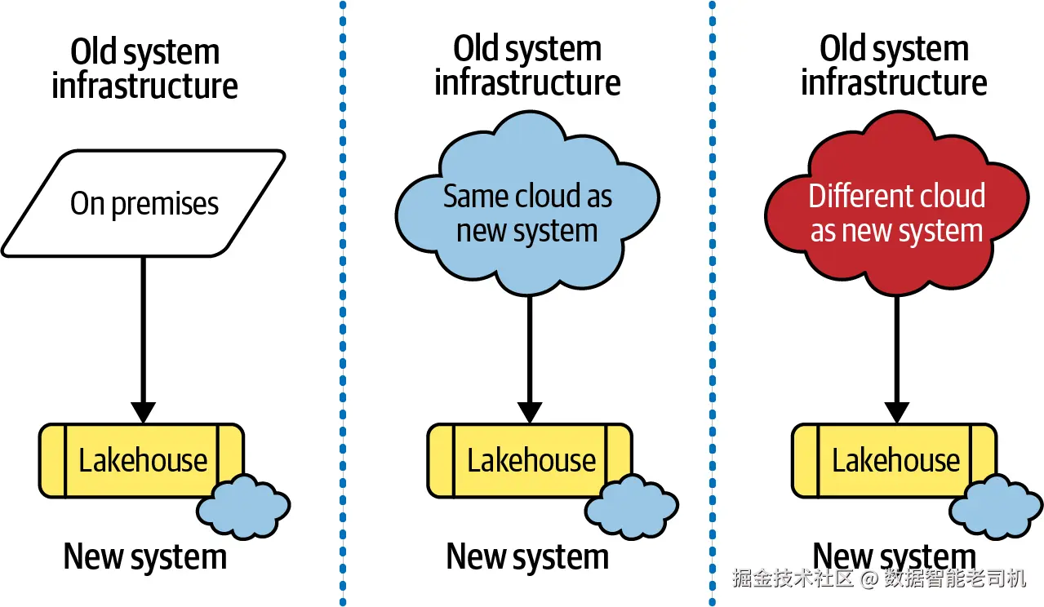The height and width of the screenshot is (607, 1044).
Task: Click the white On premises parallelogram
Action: click(143, 203)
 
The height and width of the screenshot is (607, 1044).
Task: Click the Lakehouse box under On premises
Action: click(141, 460)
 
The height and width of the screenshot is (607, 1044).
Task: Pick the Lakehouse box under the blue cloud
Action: click(530, 460)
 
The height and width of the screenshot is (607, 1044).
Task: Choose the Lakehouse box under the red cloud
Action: click(895, 460)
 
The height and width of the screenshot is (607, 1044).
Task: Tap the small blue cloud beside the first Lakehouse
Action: click(243, 507)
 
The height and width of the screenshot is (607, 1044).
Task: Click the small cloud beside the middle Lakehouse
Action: click(632, 507)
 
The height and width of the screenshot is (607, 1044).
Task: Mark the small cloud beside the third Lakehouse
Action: click(997, 507)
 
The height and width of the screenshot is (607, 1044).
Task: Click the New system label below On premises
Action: click(144, 557)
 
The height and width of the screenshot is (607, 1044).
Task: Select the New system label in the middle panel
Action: click(527, 557)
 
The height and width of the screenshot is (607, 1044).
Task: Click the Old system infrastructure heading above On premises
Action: click(144, 69)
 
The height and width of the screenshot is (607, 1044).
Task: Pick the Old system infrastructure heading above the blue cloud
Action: click(527, 65)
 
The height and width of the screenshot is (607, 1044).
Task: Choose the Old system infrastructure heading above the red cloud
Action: click(894, 65)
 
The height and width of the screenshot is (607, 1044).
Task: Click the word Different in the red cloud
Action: click(855, 197)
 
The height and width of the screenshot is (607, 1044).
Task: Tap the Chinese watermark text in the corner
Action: click(878, 578)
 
